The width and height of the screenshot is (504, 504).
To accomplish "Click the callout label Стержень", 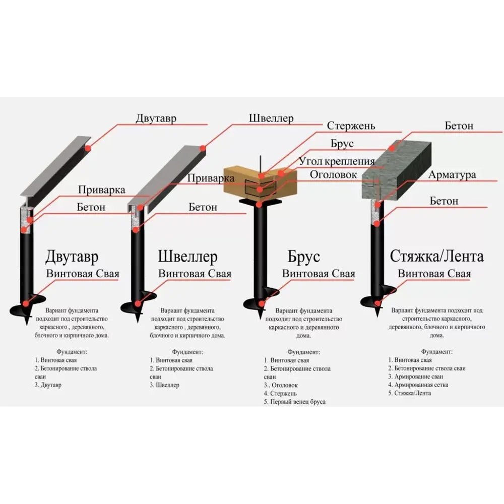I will pos(350,126).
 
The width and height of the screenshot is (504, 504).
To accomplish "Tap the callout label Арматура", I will pos(452,175).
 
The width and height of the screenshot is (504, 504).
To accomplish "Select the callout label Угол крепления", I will pos(337,162).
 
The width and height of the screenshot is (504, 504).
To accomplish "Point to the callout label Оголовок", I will pos(334,175).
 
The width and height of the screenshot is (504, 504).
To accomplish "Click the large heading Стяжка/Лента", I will pos(436,256).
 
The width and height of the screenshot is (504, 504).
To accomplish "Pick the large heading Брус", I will pos(304,257).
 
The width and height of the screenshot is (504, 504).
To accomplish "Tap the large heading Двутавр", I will pos(72,257).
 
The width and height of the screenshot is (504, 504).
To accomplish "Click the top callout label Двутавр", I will pos(156,119).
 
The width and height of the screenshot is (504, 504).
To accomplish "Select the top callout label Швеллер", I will pos(271,119).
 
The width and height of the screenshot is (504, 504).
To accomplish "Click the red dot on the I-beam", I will pos(88,148).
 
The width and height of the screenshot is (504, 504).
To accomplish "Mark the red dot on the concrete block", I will pos(392,148).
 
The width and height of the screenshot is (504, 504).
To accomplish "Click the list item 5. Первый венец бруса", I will pos(295,402).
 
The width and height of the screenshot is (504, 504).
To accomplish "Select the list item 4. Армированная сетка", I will pos(418,385).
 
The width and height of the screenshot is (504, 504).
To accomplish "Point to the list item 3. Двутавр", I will pos(48,385).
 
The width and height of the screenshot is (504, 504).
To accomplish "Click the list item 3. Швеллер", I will pos(164,385).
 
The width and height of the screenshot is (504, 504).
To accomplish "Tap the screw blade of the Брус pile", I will pos(260,300).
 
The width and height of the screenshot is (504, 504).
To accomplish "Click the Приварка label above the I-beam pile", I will pos(101,191).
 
